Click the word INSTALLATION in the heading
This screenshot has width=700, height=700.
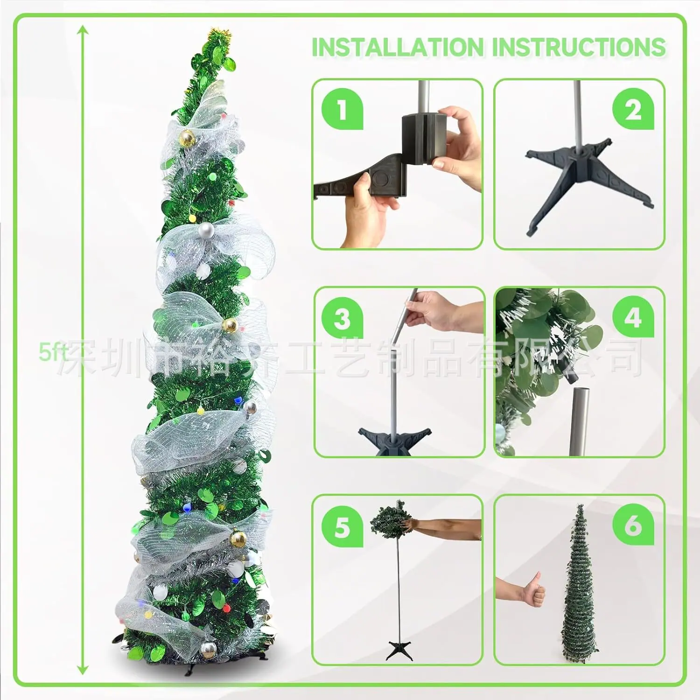(398, 47)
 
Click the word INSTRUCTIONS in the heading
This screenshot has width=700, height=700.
(579, 47)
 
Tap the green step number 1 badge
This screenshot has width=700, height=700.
(342, 109)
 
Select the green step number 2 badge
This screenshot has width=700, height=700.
(633, 109)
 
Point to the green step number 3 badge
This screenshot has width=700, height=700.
(342, 318)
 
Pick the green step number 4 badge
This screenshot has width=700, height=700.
(633, 318)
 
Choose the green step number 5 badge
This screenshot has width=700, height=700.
(342, 526)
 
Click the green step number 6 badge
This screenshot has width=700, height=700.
(633, 525)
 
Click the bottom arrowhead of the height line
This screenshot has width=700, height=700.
(83, 671)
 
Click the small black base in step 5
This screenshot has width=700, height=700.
(399, 650)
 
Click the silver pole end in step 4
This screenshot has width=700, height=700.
(579, 420)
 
